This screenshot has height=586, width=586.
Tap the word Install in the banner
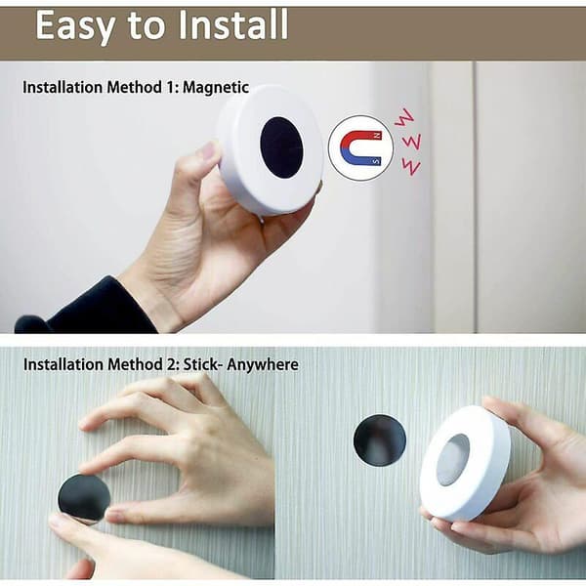233,24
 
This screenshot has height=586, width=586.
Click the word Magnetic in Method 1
216,88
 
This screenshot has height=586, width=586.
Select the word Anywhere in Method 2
263,364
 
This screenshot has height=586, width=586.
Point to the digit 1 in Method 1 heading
169,88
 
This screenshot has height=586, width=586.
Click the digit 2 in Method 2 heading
171,364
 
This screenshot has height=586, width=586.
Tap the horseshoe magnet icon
361,148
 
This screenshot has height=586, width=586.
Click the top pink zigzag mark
404,117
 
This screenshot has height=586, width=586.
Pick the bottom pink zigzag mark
411,167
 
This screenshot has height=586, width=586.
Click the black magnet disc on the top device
281,147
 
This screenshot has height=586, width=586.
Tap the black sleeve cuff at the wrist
86,308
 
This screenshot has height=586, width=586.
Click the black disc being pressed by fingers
84,498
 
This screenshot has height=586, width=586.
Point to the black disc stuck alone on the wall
379,439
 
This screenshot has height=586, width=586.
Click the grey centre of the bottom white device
452,460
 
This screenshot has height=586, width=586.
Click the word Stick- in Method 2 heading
200,364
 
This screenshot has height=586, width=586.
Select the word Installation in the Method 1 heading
63,88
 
